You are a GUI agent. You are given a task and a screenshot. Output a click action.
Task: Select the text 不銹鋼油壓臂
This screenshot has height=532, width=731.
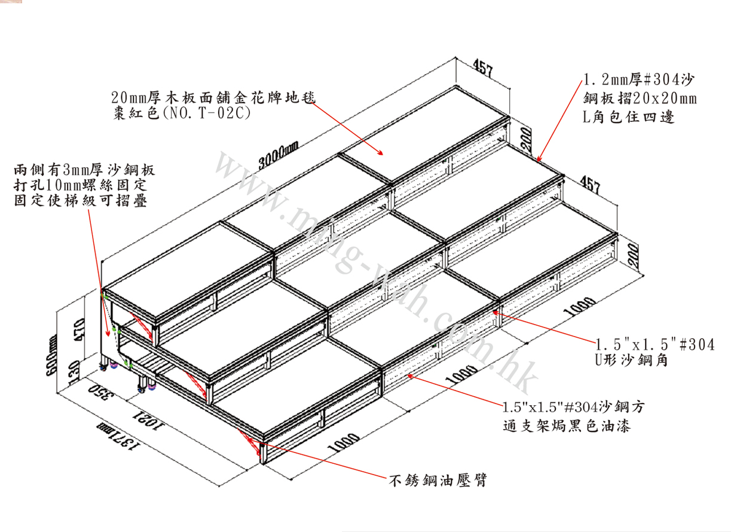[436, 479]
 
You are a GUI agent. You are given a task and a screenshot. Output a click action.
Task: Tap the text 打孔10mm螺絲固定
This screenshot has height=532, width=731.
[79, 186]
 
